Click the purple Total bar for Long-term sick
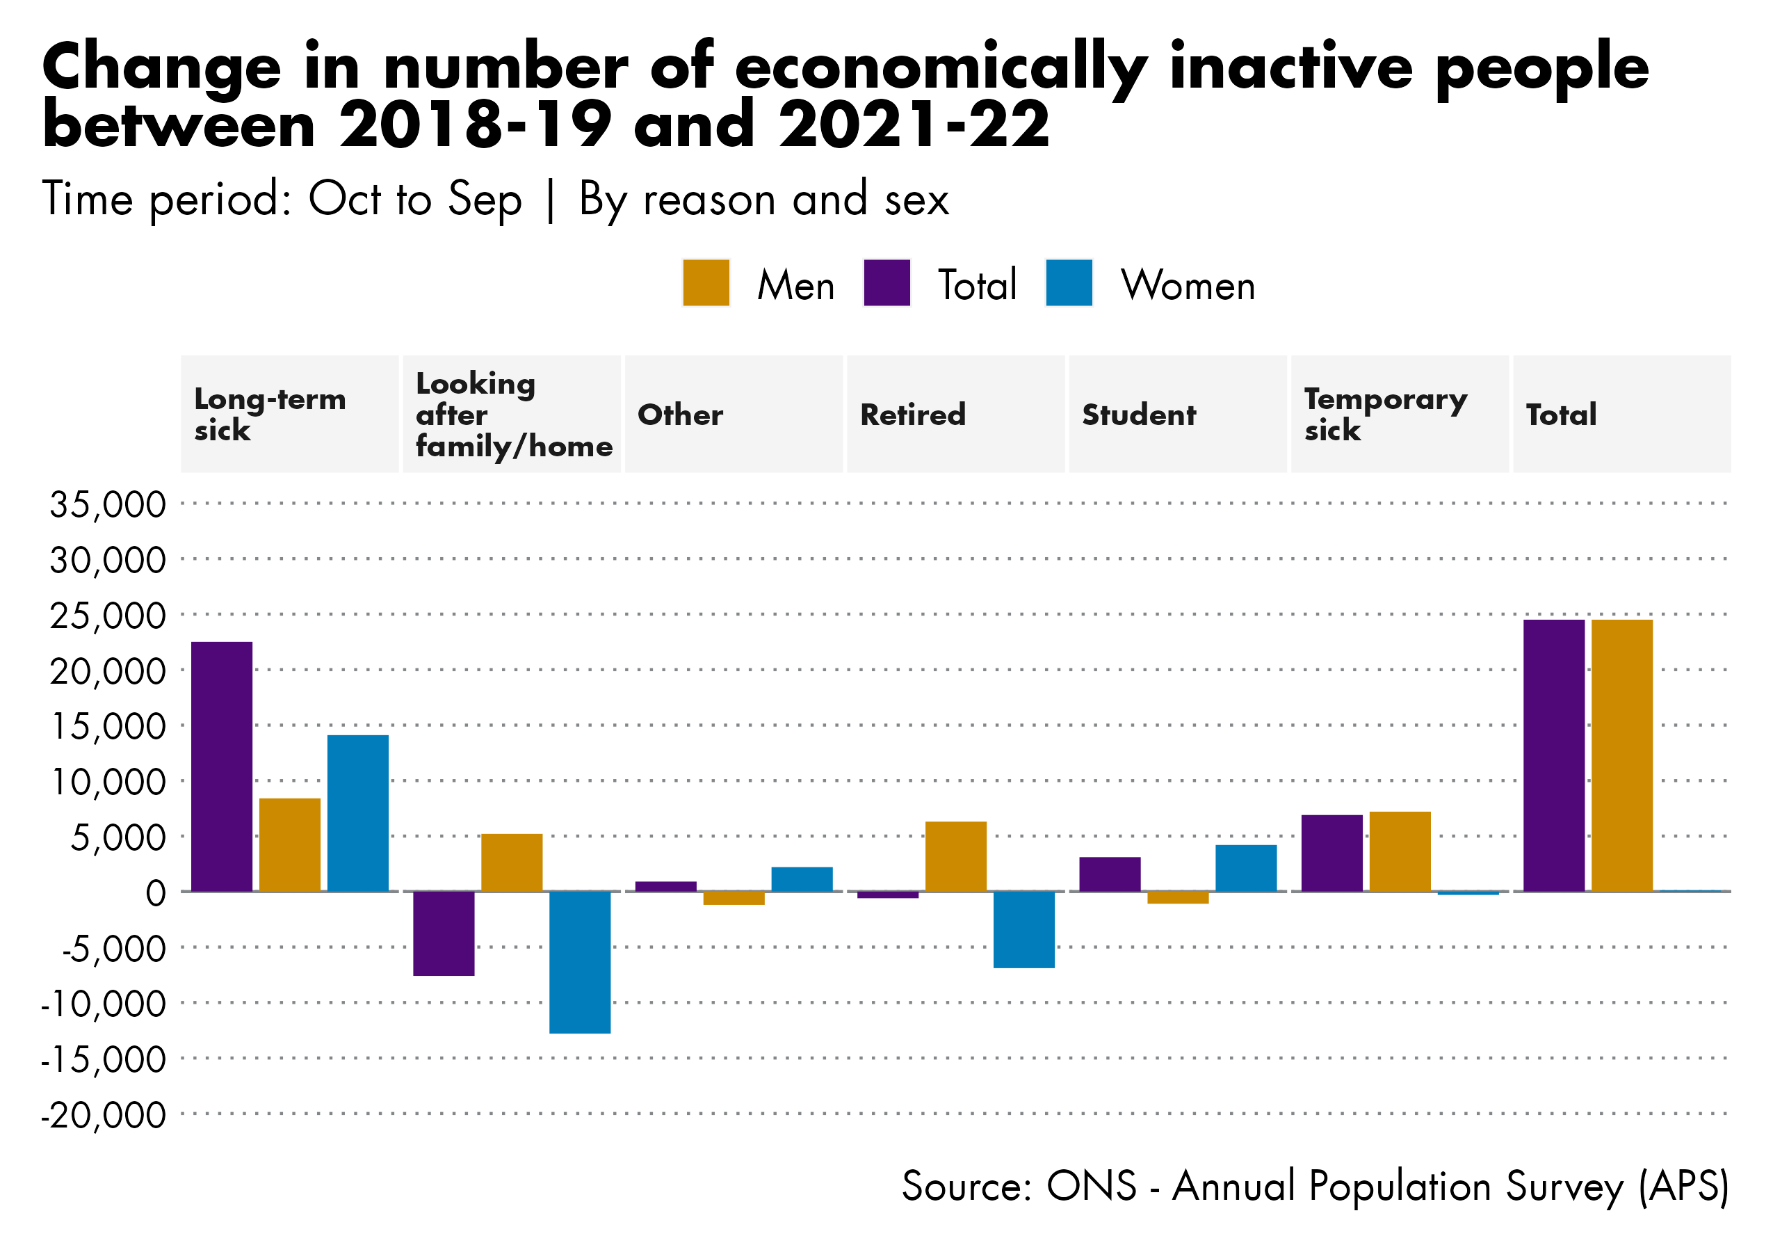point(221,767)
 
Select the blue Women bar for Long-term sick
point(357,813)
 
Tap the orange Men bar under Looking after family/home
point(511,862)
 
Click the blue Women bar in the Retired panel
point(1023,929)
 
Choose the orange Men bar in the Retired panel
point(955,856)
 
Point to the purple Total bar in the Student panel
point(1110,874)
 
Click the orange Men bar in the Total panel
point(1621,755)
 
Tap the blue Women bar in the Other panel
point(802,879)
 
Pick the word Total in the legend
point(977,285)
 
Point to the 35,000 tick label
point(107,504)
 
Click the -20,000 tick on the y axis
point(104,1114)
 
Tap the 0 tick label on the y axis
point(155,893)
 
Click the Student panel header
point(1138,415)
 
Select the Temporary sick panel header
point(1384,415)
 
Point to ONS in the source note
point(1091,1186)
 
